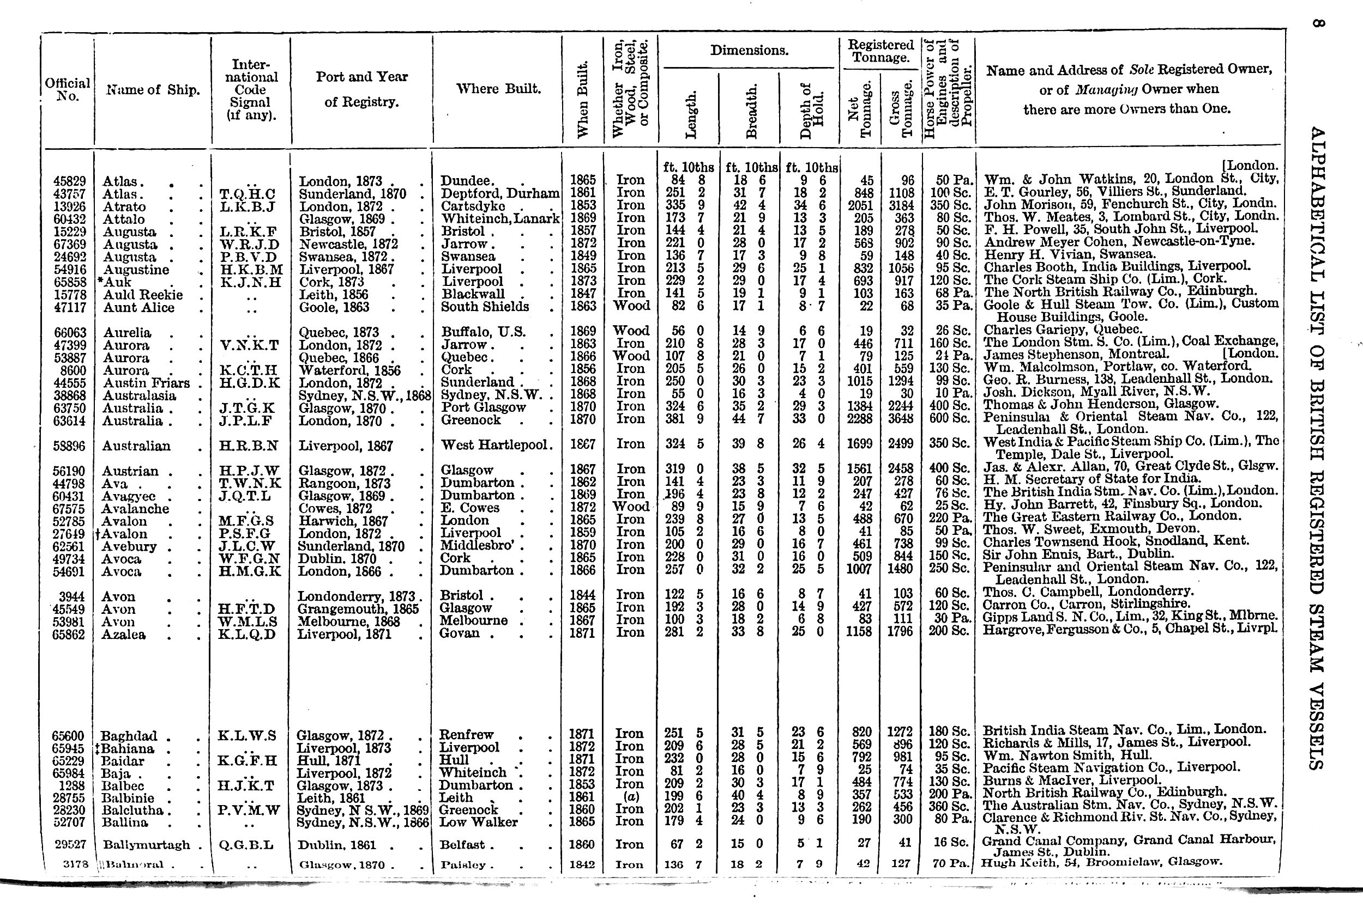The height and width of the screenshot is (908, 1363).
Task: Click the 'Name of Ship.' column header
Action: (153, 90)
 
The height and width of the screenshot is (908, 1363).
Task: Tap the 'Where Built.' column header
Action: (498, 89)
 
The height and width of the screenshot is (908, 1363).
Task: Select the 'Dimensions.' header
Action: (749, 50)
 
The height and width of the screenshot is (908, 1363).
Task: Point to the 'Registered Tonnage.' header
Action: (880, 51)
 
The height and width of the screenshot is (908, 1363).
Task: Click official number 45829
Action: (69, 181)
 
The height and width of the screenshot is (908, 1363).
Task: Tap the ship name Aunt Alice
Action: (138, 308)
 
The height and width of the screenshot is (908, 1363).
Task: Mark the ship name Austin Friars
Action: (146, 383)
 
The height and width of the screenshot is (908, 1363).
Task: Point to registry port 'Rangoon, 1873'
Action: (344, 484)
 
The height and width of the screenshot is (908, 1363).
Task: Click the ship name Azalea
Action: (123, 635)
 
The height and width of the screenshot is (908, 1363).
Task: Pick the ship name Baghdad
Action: (129, 736)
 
